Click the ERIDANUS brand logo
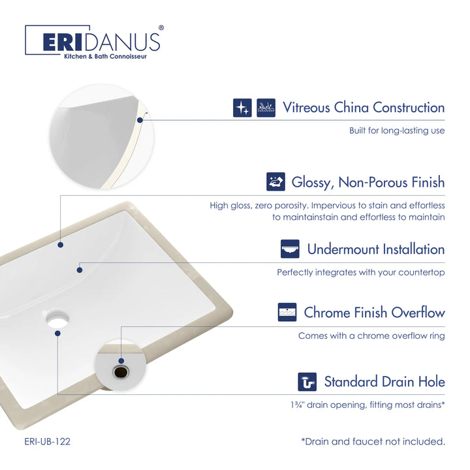(94, 42)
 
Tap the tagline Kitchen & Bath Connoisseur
(106, 56)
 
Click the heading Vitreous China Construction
(364, 108)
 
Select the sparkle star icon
(242, 108)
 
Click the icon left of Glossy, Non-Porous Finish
(275, 181)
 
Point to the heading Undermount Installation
(376, 249)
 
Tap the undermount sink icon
(290, 249)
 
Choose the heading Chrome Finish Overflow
(375, 313)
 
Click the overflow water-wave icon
(287, 312)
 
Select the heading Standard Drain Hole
(384, 382)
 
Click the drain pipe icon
(307, 382)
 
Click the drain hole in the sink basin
(57, 319)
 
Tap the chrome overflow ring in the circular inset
(121, 372)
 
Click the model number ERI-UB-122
(48, 441)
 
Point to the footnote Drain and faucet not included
(373, 441)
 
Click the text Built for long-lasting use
(397, 131)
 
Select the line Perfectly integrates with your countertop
(360, 272)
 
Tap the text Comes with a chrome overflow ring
(371, 336)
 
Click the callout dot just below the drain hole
(58, 334)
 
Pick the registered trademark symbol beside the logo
(161, 28)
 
